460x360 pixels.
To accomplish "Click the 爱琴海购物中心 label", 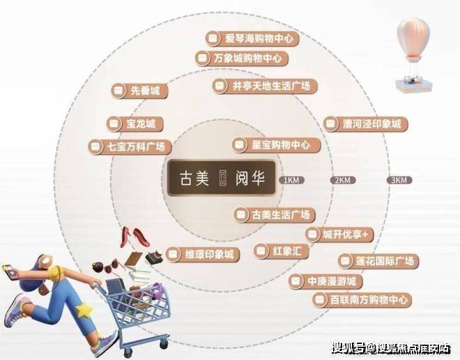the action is [252, 38].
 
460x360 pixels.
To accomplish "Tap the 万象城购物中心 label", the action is [241, 58].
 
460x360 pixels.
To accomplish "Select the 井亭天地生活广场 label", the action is [265, 86].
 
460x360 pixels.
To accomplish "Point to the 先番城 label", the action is [139, 91].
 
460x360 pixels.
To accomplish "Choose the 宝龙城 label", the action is [135, 123].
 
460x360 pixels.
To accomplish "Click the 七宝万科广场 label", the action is [130, 147].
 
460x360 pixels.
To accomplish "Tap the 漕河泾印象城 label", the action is [366, 123].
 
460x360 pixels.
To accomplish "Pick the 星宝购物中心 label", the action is [276, 144].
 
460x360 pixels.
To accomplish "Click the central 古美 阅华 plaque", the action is [222, 178].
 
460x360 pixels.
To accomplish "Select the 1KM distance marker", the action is [291, 180].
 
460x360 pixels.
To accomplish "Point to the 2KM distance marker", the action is [343, 180].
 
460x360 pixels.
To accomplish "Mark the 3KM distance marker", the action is [399, 180].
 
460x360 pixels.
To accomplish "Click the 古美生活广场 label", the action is [275, 215].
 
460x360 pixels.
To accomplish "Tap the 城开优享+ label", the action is [339, 234].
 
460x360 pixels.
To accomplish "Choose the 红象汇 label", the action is [282, 251].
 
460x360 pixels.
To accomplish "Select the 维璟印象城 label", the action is [203, 254].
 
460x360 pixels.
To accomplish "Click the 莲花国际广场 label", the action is [378, 261].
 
